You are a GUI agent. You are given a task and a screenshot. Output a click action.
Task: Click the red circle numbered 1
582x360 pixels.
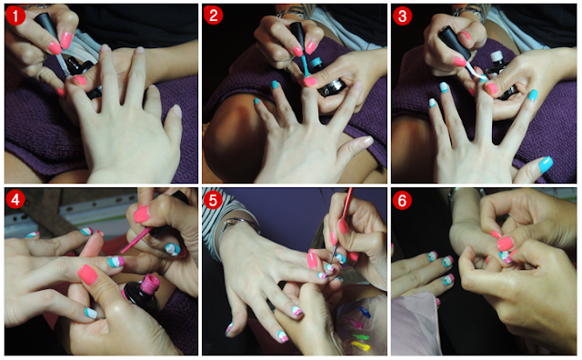tap(15, 15)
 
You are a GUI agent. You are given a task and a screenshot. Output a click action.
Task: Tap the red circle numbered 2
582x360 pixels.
tap(213, 15)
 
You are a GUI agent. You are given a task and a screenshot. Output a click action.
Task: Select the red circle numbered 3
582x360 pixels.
tap(402, 16)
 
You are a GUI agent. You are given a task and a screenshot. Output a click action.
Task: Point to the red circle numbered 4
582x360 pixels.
tap(15, 200)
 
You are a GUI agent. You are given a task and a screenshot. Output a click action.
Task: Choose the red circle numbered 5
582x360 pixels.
tap(213, 200)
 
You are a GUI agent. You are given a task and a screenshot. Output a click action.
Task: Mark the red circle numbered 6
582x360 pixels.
tap(402, 201)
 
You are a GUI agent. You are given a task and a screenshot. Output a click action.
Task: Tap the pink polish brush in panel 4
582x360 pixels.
tap(135, 241)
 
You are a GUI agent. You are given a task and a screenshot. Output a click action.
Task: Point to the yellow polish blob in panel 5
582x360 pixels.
tap(360, 346)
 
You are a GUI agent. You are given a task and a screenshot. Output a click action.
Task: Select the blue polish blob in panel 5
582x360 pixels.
tap(364, 313)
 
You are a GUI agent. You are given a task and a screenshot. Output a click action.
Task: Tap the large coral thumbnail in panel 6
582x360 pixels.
tap(506, 244)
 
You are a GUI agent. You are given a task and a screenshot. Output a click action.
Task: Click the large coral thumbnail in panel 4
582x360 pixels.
tap(88, 275)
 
